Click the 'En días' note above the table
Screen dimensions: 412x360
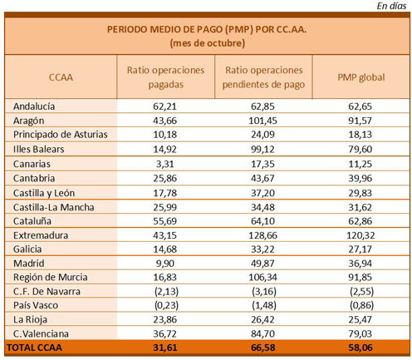coord(391,6)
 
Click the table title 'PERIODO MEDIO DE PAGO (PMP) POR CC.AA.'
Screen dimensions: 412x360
coord(207,29)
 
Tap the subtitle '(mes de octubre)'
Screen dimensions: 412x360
coord(208,43)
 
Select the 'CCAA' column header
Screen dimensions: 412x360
coord(61,77)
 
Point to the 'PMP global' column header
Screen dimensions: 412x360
coord(361,77)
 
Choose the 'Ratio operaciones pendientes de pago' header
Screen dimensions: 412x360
coord(263,77)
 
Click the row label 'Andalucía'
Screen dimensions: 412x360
coord(34,106)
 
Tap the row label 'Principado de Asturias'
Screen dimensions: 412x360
coord(61,135)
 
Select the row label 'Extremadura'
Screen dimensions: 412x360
coord(41,235)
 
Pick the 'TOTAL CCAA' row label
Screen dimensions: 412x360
coord(34,348)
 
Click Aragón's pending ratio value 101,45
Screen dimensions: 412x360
coord(262,121)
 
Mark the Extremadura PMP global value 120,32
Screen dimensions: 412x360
coord(360,235)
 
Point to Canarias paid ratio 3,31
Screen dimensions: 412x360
coord(165,164)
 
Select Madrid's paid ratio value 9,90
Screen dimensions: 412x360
coord(165,264)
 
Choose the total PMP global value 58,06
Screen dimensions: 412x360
coord(360,348)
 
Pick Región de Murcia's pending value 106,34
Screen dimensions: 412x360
coord(262,278)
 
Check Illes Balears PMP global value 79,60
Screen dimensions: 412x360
coord(360,150)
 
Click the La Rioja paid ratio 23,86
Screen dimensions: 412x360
coord(165,319)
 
